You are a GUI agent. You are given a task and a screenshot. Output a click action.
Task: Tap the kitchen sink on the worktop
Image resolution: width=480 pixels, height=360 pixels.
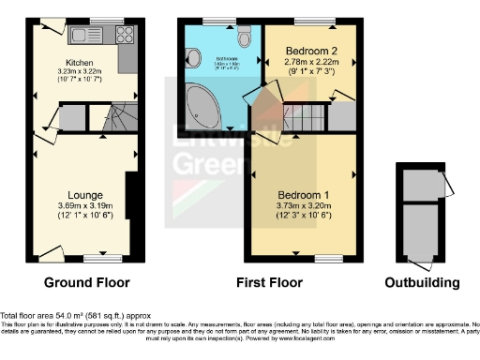coord(100,36)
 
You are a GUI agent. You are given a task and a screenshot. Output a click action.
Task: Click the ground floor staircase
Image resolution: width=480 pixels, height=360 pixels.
coord(116,119)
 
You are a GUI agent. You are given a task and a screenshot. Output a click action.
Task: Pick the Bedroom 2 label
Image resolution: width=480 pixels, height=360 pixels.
coord(310,50)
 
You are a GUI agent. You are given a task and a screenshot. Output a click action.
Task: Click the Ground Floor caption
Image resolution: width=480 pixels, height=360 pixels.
coord(86,282)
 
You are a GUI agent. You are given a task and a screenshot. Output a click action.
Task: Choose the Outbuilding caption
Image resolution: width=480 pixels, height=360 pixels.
coord(423,282)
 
